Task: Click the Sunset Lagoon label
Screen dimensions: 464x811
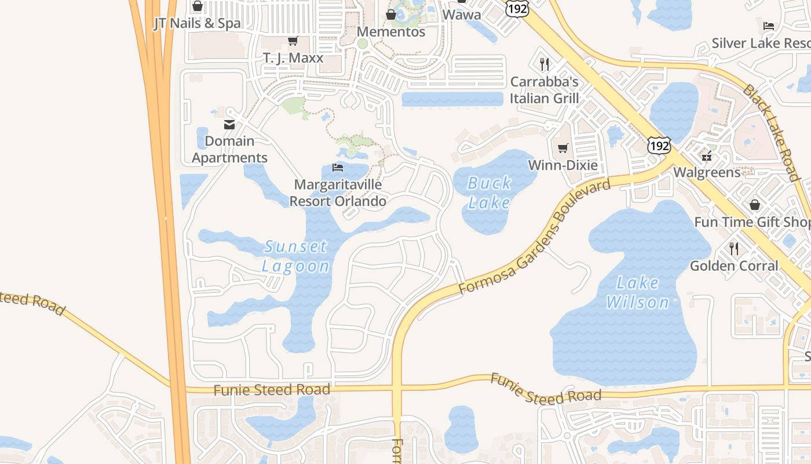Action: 296,256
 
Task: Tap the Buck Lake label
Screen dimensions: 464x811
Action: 489,193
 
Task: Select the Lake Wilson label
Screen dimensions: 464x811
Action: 638,292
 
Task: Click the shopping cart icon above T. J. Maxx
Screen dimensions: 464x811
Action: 293,41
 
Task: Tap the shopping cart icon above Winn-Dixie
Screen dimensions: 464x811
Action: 562,148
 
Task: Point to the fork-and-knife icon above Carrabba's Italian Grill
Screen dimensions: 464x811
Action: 544,64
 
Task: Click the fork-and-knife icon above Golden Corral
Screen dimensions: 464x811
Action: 734,249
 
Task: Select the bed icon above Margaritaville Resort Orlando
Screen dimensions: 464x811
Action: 338,168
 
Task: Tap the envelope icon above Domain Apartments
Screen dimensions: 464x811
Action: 229,124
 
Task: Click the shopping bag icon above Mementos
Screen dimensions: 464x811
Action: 391,14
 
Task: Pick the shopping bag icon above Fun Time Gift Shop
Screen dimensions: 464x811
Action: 754,205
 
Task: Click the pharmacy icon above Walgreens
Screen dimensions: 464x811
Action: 706,155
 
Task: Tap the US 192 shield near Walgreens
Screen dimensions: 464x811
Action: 659,146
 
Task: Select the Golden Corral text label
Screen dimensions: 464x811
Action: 734,266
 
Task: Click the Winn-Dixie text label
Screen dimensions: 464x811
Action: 562,165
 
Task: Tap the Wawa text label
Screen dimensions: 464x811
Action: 462,14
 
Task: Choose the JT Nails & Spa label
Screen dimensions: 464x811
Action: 197,23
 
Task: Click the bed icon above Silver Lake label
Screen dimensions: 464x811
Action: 769,26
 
